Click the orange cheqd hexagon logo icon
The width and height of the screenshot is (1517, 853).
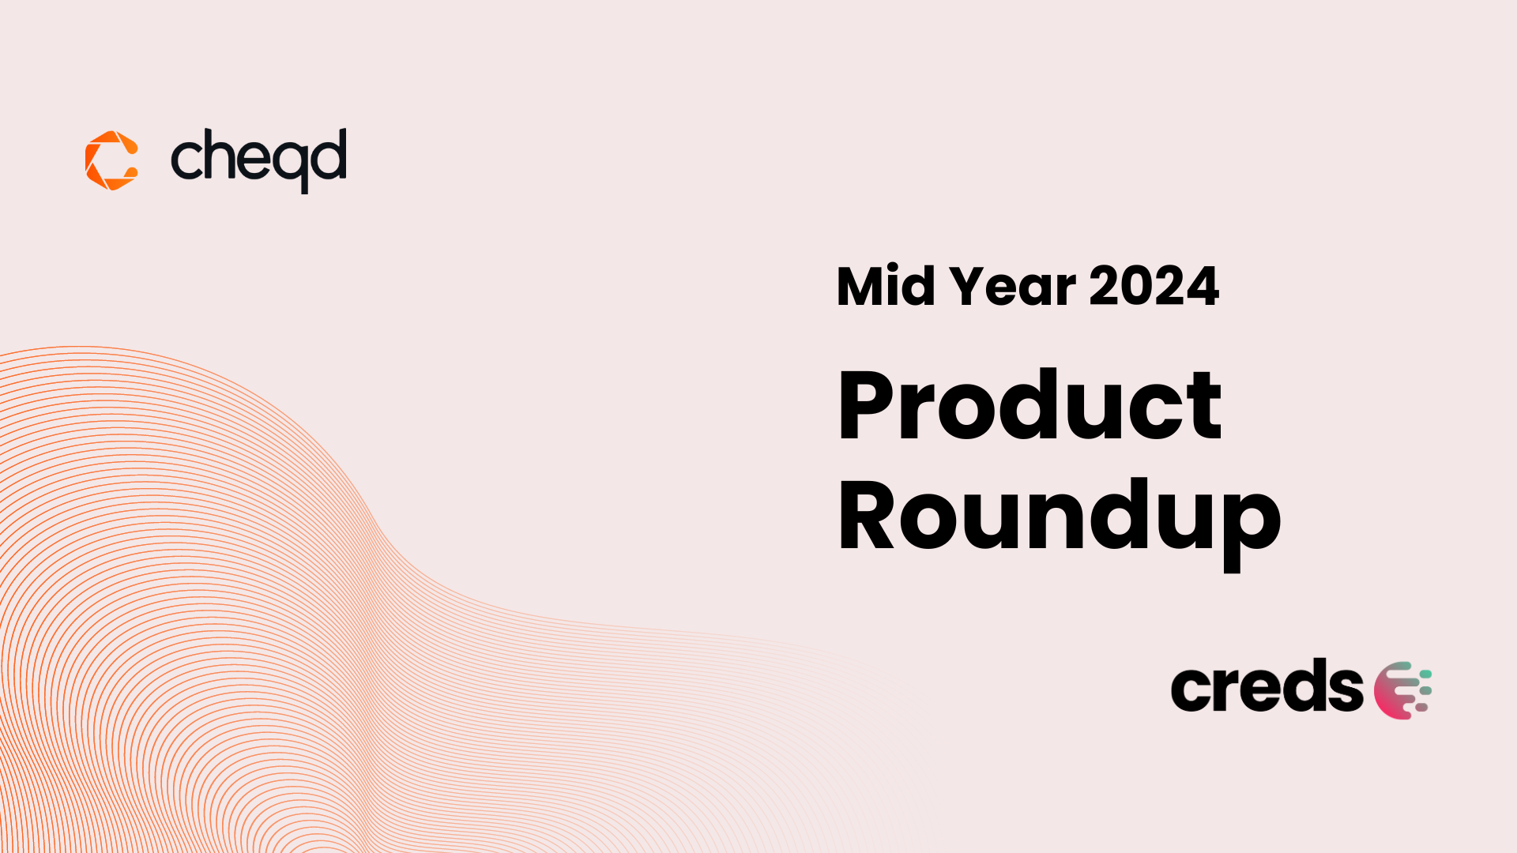pos(111,160)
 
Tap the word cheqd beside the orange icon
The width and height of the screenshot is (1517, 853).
pos(258,160)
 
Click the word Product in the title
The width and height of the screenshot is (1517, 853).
pos(1030,404)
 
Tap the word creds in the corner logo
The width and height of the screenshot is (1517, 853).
pos(1267,686)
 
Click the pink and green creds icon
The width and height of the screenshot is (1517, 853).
pos(1402,690)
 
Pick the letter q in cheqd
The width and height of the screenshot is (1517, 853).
pos(288,167)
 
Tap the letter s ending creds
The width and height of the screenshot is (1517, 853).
pos(1344,690)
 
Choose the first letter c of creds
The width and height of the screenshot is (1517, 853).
pos(1191,690)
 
